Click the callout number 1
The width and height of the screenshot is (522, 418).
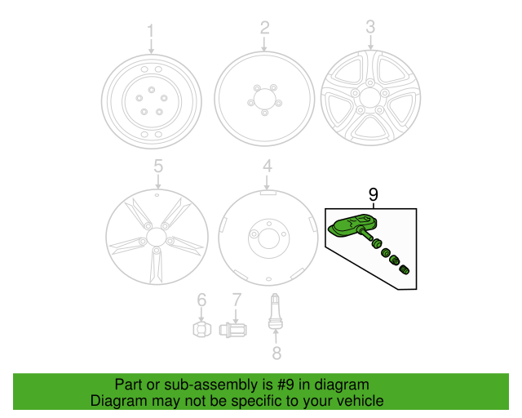click(x=150, y=31)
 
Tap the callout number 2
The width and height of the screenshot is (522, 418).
click(x=264, y=29)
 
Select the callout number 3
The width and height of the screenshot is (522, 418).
click(x=370, y=27)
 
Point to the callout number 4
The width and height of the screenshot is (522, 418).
click(x=267, y=167)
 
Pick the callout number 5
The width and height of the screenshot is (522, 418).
click(x=158, y=167)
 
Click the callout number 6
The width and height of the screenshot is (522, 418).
click(x=201, y=300)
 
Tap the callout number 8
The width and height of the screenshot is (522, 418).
click(x=276, y=353)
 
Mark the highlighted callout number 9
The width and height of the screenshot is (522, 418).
click(x=374, y=194)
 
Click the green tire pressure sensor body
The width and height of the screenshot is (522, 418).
click(x=350, y=225)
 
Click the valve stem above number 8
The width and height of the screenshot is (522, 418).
click(x=276, y=313)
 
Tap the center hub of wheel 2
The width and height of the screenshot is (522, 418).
click(x=264, y=100)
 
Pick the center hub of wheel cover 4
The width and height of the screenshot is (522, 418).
click(x=267, y=236)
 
